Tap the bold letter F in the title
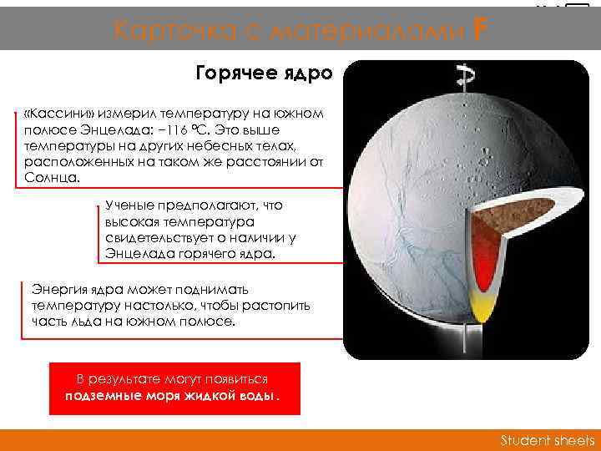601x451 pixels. (478, 30)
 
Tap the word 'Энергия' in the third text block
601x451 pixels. (57, 290)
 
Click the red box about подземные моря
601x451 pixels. (174, 388)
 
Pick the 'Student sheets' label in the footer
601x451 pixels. (547, 440)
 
